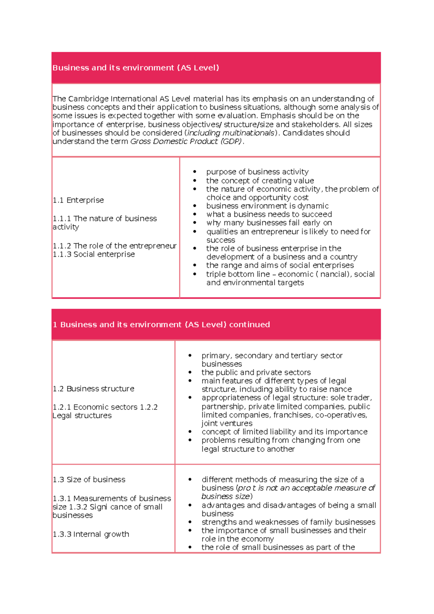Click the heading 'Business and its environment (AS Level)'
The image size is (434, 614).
(136, 68)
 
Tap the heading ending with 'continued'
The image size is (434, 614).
(161, 325)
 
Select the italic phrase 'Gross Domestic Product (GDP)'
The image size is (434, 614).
(186, 141)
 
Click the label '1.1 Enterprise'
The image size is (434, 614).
(78, 200)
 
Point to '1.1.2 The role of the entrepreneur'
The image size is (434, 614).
(114, 246)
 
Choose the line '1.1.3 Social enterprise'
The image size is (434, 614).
(94, 255)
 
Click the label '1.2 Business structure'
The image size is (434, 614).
(93, 389)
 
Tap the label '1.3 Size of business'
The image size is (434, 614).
(89, 480)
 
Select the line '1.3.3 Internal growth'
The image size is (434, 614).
(91, 534)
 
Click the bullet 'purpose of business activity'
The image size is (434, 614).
(257, 172)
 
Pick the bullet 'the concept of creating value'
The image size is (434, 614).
(260, 180)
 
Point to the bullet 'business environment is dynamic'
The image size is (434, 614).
(267, 206)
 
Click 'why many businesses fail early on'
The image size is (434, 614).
(269, 223)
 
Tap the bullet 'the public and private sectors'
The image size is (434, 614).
(256, 372)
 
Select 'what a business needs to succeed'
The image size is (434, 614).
(269, 214)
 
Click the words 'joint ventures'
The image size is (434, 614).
(227, 423)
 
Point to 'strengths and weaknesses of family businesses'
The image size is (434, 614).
(288, 522)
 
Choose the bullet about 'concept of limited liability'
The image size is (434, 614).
(284, 432)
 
